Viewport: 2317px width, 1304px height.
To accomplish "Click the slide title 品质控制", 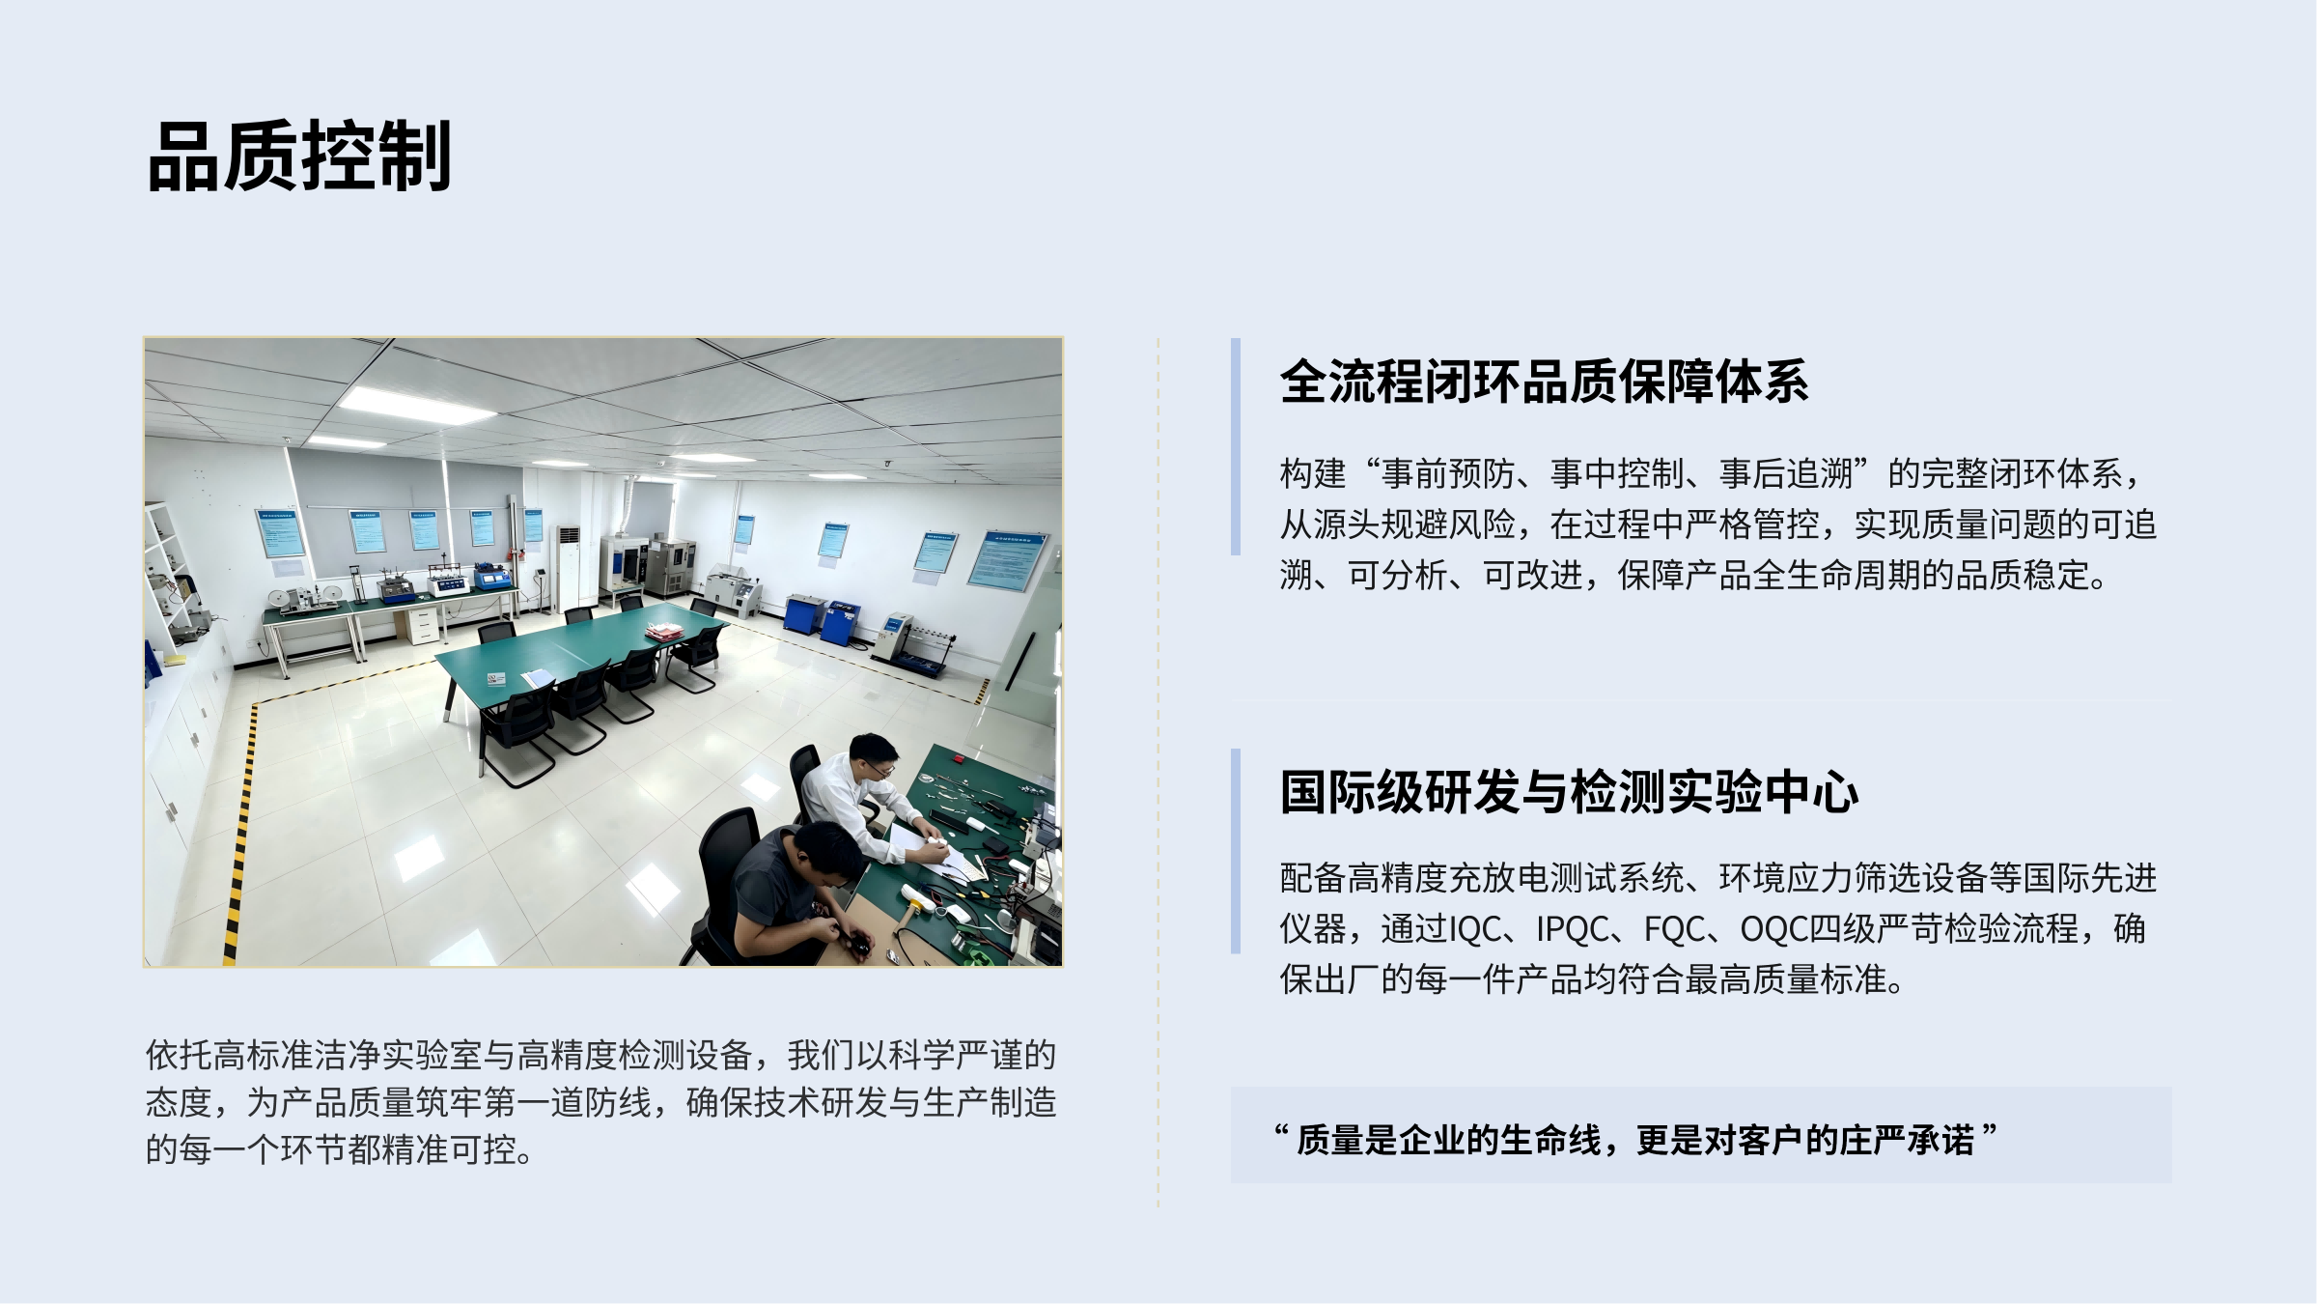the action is point(299,156).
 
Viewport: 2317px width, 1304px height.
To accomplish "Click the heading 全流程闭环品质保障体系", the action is point(1544,382).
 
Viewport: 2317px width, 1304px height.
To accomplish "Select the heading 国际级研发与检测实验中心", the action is point(1569,792).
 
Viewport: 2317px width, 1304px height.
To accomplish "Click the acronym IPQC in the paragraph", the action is point(1579,929).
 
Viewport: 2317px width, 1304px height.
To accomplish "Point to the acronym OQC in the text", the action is point(1775,929).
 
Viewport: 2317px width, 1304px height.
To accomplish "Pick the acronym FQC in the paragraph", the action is point(1675,929).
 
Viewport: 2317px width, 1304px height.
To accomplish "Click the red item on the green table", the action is point(667,632).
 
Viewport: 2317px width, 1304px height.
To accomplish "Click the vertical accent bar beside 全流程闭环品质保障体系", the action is point(1236,446).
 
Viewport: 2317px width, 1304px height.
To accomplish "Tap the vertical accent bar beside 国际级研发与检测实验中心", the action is point(1236,851).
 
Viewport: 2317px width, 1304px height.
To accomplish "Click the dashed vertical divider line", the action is point(1158,773).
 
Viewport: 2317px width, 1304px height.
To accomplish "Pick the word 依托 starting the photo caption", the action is point(179,1055).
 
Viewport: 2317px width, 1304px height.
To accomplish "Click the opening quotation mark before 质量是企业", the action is point(1281,1130).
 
